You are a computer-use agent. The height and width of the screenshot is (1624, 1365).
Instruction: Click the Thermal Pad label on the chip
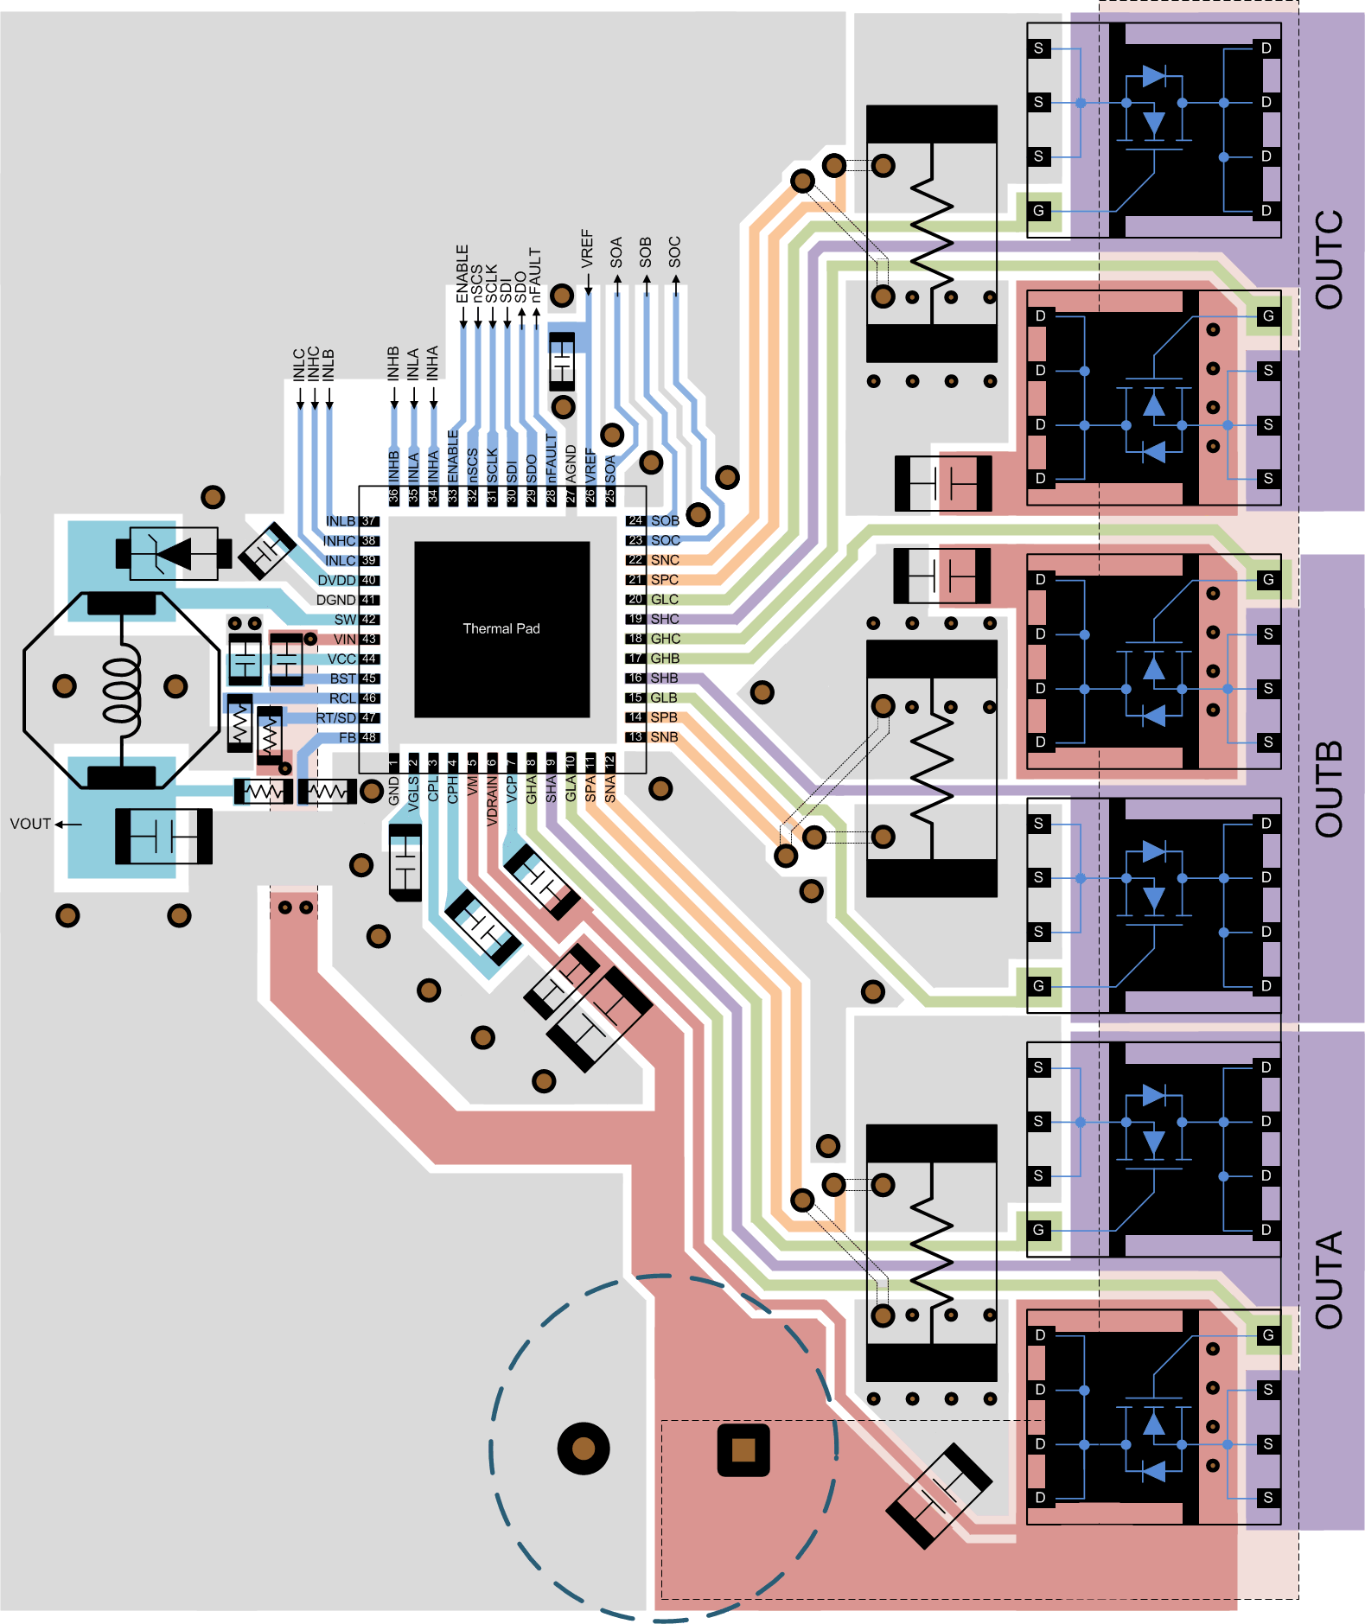coord(501,628)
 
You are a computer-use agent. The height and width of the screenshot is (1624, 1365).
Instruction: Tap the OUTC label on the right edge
coord(1330,259)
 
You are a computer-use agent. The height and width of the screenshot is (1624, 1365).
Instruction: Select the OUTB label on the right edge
coord(1330,788)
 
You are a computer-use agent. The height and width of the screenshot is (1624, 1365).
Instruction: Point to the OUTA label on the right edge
coord(1330,1279)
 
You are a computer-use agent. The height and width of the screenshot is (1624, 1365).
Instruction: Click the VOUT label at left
coord(30,824)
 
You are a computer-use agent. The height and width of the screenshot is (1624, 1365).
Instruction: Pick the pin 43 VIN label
coord(345,639)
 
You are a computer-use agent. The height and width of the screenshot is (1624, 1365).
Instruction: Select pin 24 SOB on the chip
coord(665,520)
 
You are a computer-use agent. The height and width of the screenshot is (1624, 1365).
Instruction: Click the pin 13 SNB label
coord(664,736)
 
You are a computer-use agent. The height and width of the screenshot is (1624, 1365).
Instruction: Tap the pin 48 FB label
coord(348,737)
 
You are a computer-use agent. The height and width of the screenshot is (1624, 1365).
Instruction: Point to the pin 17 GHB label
coord(665,658)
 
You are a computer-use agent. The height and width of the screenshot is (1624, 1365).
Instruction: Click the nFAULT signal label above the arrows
coord(536,274)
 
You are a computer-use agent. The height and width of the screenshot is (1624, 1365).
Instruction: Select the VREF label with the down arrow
coord(588,249)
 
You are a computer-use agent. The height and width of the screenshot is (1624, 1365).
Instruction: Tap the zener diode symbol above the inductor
coord(174,552)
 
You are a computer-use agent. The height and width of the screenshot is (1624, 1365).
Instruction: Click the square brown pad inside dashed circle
coord(743,1450)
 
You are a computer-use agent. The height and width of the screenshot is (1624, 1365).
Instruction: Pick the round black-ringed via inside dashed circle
coord(584,1448)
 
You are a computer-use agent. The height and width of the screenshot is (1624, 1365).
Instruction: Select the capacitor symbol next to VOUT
coord(163,836)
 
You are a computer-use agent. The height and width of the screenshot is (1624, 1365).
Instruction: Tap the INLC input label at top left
coord(299,365)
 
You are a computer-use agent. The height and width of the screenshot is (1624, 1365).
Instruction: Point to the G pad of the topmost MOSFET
coord(1038,210)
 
